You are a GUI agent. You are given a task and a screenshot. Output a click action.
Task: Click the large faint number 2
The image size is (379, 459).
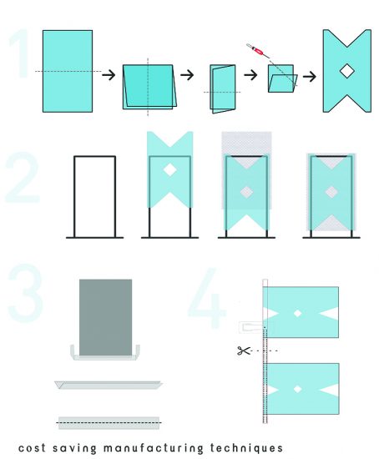[x=23, y=178]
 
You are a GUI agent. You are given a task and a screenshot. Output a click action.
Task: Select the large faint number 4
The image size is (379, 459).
[x=207, y=298]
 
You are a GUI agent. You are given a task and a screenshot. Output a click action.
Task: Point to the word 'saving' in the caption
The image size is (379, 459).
[x=74, y=448]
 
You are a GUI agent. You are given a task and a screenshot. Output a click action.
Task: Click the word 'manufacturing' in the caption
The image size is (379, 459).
[x=153, y=448]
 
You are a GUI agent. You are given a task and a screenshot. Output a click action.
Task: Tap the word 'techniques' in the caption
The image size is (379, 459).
[x=246, y=448]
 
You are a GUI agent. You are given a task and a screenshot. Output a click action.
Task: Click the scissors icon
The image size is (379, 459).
[x=244, y=351]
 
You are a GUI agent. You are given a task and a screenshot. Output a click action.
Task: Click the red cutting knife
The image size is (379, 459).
[x=257, y=50]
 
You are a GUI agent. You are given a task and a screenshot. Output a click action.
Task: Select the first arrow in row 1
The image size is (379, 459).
[x=109, y=75]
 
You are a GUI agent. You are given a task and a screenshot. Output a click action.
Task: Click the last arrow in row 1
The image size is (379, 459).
[x=310, y=77]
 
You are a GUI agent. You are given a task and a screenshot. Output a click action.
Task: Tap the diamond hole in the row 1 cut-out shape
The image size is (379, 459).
[x=347, y=71]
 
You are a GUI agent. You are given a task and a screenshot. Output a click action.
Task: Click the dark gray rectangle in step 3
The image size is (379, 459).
[x=105, y=317]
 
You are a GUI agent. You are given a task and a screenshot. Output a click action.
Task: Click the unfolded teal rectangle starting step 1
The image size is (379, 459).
[x=68, y=71]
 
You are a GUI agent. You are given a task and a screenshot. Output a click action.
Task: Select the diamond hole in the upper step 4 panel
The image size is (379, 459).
[x=297, y=313]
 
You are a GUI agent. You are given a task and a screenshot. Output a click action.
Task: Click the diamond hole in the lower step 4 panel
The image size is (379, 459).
[x=297, y=389]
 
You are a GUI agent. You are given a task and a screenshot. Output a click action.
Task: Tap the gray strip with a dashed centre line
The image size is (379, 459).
[x=109, y=423]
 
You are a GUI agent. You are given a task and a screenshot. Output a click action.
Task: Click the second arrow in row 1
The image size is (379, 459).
[x=187, y=74]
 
